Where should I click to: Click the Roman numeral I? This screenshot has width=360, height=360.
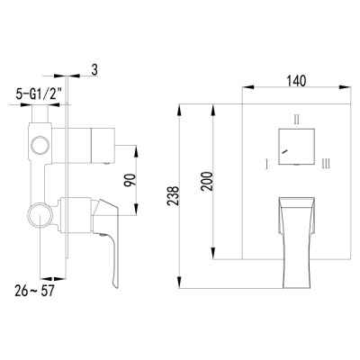pos(266,164)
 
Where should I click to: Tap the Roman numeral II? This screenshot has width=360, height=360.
pos(296,118)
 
